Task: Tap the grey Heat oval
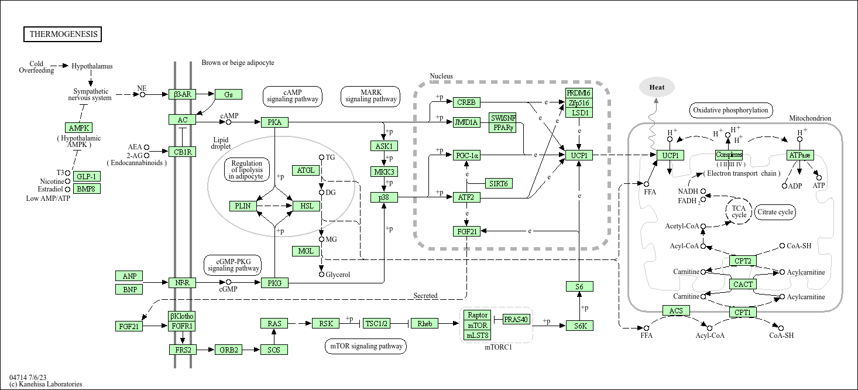[x=657, y=87]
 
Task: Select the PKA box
[x=274, y=122]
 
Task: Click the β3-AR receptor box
[x=183, y=94]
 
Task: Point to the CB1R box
[x=183, y=152]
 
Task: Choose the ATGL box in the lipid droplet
[x=306, y=170]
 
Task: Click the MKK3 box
[x=384, y=172]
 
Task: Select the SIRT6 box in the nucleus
[x=499, y=183]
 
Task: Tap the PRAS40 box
[x=516, y=319]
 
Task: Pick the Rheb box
[x=424, y=323]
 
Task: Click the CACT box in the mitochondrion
[x=743, y=284]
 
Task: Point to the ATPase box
[x=800, y=155]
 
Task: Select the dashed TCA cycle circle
[x=739, y=211]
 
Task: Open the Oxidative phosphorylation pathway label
[x=730, y=110]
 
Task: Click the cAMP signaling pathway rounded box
[x=292, y=96]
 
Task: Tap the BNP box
[x=129, y=289]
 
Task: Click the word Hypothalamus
[x=92, y=66]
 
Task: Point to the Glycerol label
[x=338, y=275]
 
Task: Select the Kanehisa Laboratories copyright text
[x=46, y=384]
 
